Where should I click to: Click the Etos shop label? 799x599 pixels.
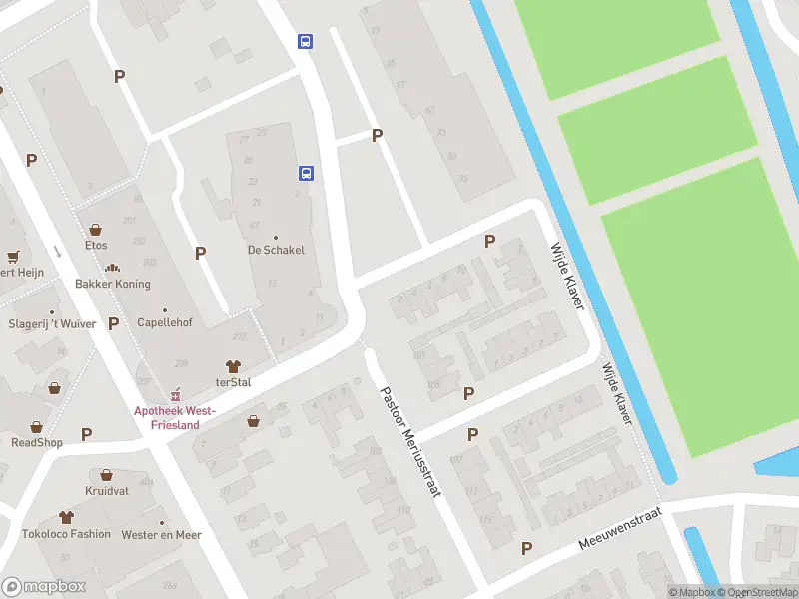[96, 245]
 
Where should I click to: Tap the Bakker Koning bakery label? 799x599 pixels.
[112, 284]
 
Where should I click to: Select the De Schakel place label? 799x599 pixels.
[276, 250]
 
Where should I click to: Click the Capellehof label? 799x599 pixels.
[164, 323]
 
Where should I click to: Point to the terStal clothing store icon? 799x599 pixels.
[234, 366]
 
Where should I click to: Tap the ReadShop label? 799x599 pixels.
[37, 442]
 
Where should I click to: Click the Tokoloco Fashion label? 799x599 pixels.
[68, 534]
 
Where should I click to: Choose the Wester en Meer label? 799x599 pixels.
[161, 535]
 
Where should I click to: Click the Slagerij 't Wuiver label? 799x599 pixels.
[52, 323]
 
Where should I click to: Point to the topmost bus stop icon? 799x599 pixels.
[305, 41]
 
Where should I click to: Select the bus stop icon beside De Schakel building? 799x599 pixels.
[307, 173]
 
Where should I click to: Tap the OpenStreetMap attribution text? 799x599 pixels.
[758, 592]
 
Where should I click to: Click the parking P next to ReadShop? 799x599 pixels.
[87, 434]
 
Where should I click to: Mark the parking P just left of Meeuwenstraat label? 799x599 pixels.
[526, 548]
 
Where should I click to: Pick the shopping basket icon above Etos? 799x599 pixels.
[95, 229]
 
